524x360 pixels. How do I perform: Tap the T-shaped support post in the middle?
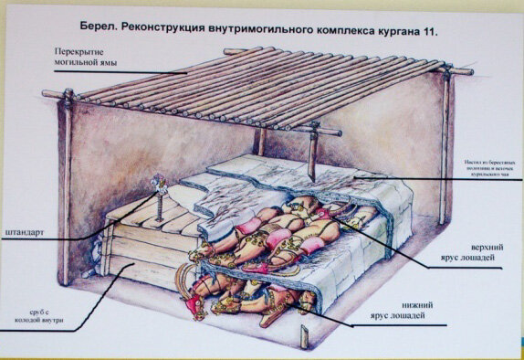[311, 146]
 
